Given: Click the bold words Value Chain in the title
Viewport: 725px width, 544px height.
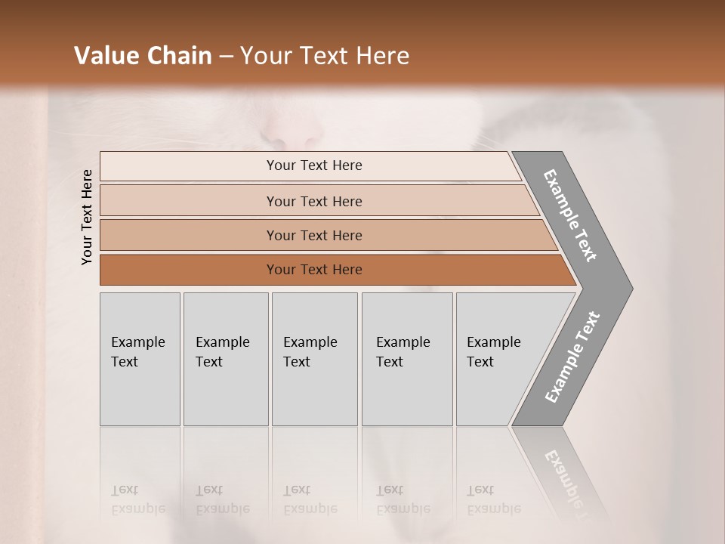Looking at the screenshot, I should coord(143,56).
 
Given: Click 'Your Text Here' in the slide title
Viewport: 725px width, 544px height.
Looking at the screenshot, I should coord(325,56).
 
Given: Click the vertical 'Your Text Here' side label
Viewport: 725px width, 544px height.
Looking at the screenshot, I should coord(87,217).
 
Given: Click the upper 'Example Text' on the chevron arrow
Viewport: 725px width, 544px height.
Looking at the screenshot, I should coord(570,215).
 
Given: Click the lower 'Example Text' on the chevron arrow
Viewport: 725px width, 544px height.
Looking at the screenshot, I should coord(572,357).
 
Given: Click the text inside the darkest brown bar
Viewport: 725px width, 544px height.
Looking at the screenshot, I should coord(314,270).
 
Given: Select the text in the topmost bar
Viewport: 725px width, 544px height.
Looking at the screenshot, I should coord(314,165).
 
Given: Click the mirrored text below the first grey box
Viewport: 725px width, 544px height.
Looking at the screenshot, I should coord(137,500).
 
